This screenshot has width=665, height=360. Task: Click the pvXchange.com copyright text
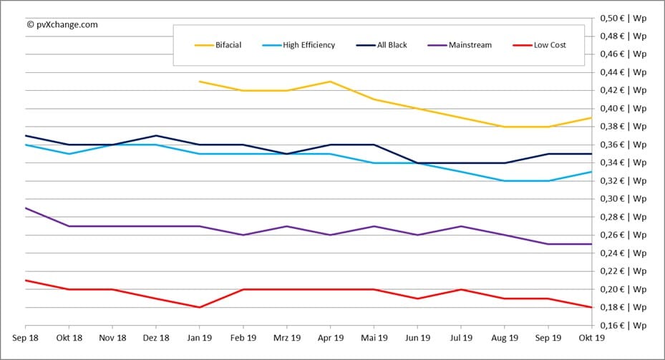tap(62, 24)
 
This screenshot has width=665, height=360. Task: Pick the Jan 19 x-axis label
tap(199, 338)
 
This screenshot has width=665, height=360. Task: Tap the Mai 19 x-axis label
tap(373, 338)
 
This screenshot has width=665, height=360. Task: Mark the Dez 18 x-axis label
tap(155, 338)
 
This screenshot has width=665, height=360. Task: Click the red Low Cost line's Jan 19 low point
tap(199, 307)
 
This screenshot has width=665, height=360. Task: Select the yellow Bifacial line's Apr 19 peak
tap(329, 82)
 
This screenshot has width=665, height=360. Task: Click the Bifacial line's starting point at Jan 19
tap(199, 82)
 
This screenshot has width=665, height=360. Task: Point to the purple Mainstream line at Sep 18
tap(26, 208)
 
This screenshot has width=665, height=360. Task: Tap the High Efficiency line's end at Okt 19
tap(590, 172)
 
